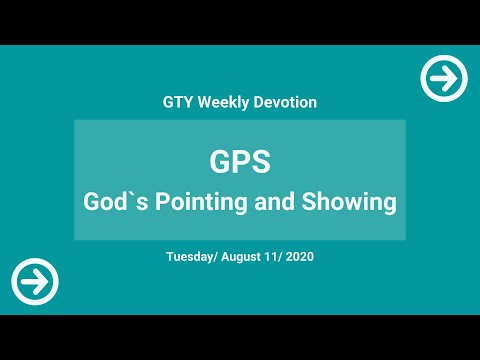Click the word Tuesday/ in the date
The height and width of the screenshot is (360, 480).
coord(195,257)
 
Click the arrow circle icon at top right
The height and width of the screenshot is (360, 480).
coord(444,77)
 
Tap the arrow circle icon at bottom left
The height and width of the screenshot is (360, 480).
coord(35,281)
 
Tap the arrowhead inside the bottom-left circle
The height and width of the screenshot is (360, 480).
coord(42,281)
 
